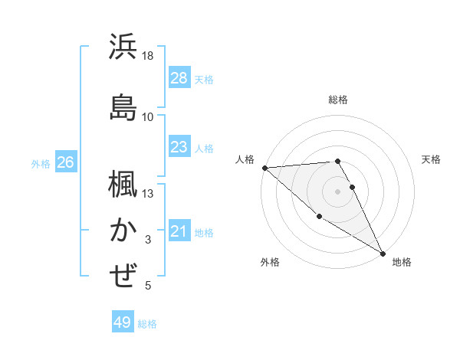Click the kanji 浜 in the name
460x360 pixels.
[123, 47]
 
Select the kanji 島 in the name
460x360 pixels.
[123, 107]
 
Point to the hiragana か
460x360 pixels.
[123, 230]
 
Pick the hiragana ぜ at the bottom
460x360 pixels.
[123, 276]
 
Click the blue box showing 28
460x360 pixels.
[179, 78]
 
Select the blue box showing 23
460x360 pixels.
[179, 147]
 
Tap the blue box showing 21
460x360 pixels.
[179, 231]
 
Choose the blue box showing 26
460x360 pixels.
[66, 162]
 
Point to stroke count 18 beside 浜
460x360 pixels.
[148, 56]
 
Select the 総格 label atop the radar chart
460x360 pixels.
[338, 100]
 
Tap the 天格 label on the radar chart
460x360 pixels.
[431, 159]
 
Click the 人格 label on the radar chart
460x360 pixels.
[244, 159]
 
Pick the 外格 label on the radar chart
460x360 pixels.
[270, 263]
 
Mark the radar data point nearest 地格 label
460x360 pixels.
[383, 252]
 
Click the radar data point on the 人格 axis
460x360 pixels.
[264, 168]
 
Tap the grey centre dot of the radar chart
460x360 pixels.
[338, 191]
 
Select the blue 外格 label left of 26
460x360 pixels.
[41, 163]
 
